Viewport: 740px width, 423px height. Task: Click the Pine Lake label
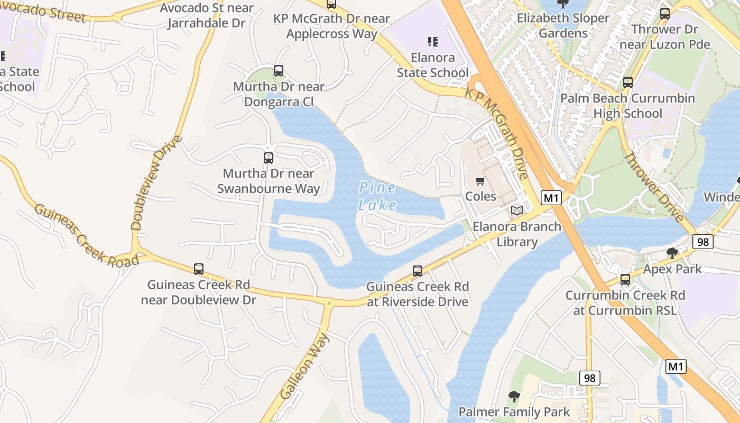pyautogui.click(x=377, y=196)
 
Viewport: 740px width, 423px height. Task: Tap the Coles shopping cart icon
pyautogui.click(x=480, y=181)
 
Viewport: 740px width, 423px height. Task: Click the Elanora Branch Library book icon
pyautogui.click(x=516, y=211)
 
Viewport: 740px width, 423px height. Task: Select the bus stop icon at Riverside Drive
pyautogui.click(x=418, y=271)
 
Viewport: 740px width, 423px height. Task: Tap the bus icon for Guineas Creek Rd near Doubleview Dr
pyautogui.click(x=199, y=269)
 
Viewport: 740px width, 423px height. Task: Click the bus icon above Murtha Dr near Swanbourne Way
pyautogui.click(x=269, y=158)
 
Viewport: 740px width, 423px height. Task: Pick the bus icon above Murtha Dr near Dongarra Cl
pyautogui.click(x=279, y=71)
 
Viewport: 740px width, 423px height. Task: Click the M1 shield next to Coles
pyautogui.click(x=551, y=198)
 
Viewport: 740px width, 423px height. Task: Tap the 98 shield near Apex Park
pyautogui.click(x=703, y=242)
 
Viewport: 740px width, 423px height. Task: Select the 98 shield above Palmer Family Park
pyautogui.click(x=590, y=378)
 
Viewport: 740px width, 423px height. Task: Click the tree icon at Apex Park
pyautogui.click(x=672, y=253)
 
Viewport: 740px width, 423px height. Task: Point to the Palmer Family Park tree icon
pyautogui.click(x=514, y=396)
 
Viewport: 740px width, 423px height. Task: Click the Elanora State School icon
pyautogui.click(x=433, y=41)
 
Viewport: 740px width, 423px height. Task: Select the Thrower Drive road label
pyautogui.click(x=654, y=187)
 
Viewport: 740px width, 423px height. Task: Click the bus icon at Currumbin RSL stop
pyautogui.click(x=625, y=280)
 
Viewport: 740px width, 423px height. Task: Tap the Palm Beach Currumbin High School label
pyautogui.click(x=627, y=106)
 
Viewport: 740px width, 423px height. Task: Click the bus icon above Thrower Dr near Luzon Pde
pyautogui.click(x=665, y=14)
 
